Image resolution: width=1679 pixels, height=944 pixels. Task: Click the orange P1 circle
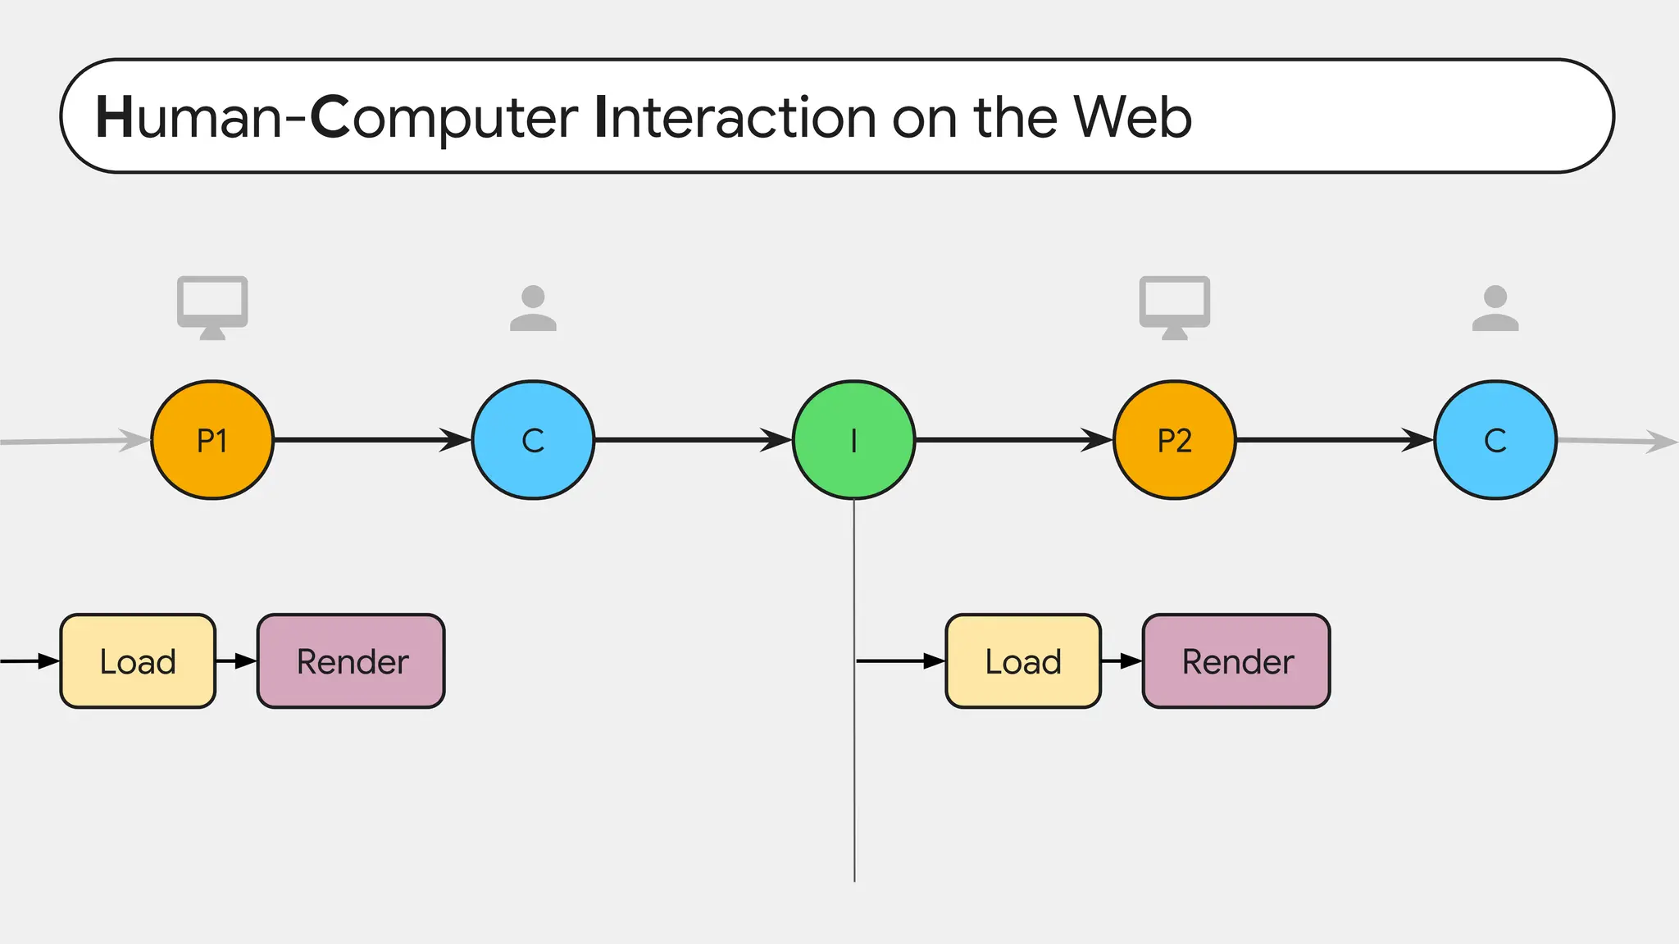pos(212,440)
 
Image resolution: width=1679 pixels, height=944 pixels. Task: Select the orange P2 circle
pos(1174,440)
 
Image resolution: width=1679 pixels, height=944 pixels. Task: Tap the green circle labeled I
pos(853,440)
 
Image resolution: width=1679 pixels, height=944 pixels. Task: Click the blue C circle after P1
pos(533,440)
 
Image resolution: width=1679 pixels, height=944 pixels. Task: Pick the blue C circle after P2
pos(1495,440)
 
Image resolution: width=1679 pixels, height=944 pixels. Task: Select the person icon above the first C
pos(533,308)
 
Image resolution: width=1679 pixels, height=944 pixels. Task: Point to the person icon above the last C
pos(1495,308)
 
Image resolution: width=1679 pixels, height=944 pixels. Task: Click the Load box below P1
pos(138,660)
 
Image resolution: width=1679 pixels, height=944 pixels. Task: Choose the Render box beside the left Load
pos(351,660)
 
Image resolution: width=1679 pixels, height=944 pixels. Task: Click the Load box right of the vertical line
pos(1022,660)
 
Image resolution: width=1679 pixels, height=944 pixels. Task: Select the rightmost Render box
pos(1236,660)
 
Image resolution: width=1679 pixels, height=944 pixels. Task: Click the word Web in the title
pos(1132,117)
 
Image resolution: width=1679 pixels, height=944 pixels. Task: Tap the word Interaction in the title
pos(735,117)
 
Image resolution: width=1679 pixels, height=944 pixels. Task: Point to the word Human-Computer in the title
pos(337,117)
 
